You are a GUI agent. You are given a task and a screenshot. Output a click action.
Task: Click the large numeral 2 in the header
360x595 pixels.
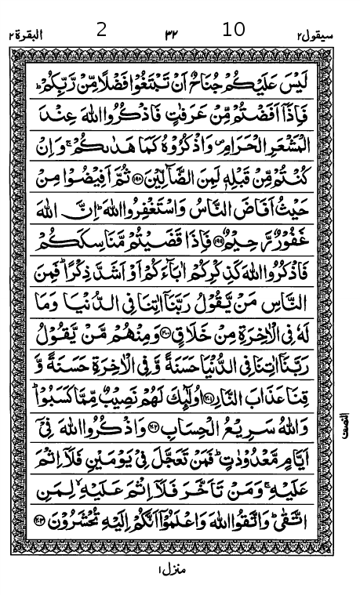[100, 31]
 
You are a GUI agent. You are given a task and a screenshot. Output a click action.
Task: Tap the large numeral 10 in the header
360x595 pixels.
[234, 31]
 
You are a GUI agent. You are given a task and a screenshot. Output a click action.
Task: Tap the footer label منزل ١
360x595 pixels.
[169, 569]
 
